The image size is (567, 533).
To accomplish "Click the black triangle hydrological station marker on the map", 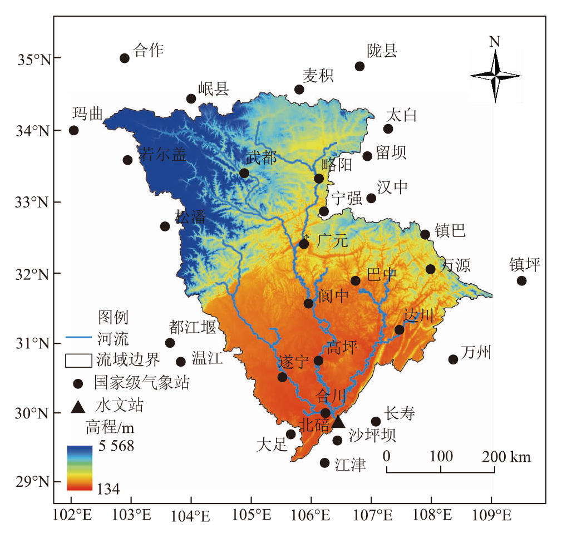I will [338, 422].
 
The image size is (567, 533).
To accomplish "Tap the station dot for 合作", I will [125, 58].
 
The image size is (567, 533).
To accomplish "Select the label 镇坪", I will [525, 265].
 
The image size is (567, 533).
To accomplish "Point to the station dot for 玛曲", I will [73, 130].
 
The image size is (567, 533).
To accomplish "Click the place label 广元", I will [332, 241].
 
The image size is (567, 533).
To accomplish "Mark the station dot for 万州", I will [453, 359].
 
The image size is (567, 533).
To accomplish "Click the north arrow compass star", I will [495, 75].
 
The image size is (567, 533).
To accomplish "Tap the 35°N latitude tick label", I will [32, 58].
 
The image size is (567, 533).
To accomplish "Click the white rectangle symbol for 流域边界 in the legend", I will [78, 360].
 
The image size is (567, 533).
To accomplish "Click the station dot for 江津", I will [325, 463].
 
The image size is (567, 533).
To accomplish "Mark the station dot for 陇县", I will [359, 66].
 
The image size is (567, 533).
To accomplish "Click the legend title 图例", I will [114, 317].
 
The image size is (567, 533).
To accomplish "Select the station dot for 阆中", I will [308, 303].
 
